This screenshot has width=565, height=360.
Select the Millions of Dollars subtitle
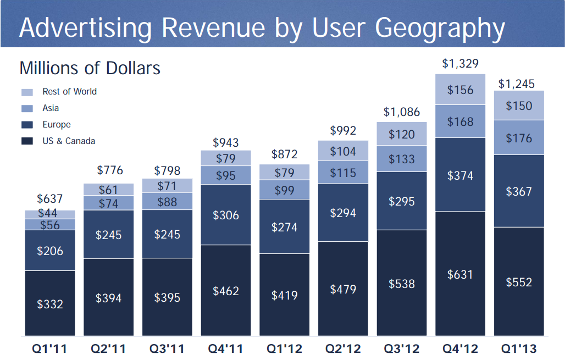[x=90, y=68]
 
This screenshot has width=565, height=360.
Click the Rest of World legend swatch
[x=27, y=92]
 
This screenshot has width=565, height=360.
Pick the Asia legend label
[x=51, y=108]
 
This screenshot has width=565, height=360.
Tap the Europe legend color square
[x=27, y=125]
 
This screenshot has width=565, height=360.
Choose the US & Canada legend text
[x=69, y=141]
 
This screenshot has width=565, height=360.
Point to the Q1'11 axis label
[x=49, y=348]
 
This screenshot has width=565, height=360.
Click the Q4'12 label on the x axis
[x=460, y=348]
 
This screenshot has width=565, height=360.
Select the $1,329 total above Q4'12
[x=460, y=64]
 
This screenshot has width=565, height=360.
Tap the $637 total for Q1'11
[x=50, y=199]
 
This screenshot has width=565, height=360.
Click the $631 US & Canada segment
[x=460, y=274]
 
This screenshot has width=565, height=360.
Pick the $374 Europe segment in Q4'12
[x=460, y=175]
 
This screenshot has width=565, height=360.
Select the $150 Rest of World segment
[x=519, y=106]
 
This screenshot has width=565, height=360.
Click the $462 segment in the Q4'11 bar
[x=226, y=290]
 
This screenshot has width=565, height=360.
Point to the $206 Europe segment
[x=50, y=251]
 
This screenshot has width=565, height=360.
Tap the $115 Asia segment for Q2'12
[x=343, y=172]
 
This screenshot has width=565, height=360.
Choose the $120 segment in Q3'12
[x=402, y=134]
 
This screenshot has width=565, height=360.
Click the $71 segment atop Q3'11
[x=167, y=186]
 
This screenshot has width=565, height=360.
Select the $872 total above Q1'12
[x=284, y=154]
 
